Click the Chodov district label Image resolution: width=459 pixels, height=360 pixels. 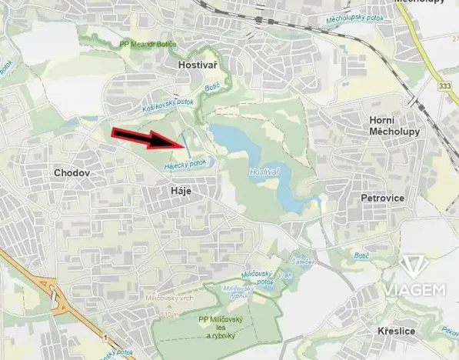click(72, 173)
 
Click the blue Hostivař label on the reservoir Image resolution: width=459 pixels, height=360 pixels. click(264, 175)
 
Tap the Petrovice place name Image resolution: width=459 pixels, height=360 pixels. click(382, 198)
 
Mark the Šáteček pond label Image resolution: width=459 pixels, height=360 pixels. click(301, 262)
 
